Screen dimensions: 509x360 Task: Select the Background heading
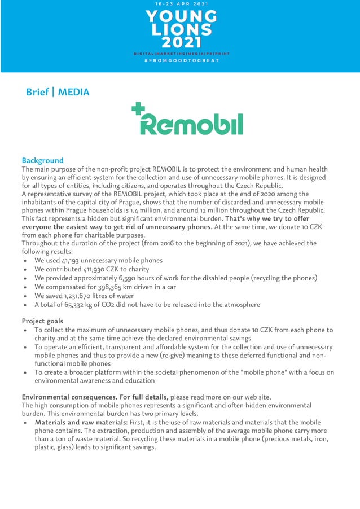tap(42, 160)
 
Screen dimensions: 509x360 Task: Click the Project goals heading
tap(42, 321)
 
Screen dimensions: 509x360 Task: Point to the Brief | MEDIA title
tap(58, 91)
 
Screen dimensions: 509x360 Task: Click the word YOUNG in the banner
tap(181, 17)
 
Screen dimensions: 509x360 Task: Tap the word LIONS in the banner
tap(181, 30)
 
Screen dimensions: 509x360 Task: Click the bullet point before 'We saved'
tap(25, 296)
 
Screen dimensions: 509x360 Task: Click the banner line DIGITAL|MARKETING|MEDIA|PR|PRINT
tap(181, 54)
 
